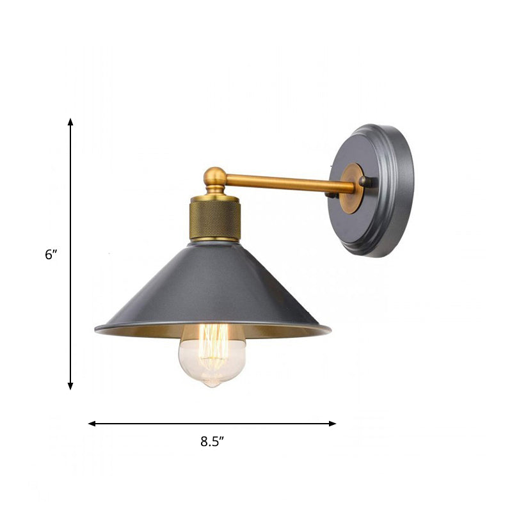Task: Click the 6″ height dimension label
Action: coord(51,254)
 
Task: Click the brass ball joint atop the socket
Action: coord(214,177)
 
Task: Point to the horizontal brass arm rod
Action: coord(288,184)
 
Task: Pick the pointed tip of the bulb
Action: coord(212,385)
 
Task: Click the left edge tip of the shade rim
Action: coord(96,330)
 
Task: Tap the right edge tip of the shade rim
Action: coord(330,330)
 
